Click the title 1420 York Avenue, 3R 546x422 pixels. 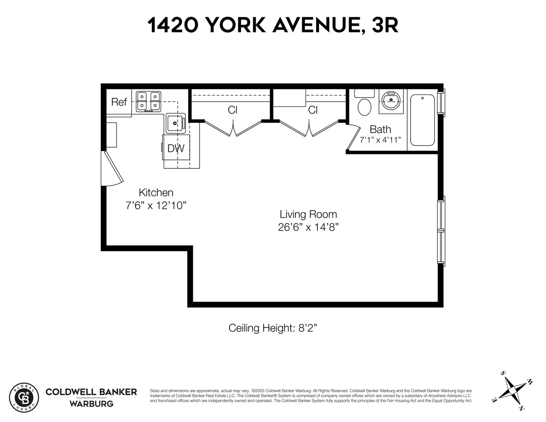pyautogui.click(x=273, y=25)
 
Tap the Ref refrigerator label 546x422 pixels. pyautogui.click(x=119, y=102)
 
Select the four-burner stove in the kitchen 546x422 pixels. pyautogui.click(x=149, y=101)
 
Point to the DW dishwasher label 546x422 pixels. pyautogui.click(x=176, y=149)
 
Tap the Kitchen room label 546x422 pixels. pyautogui.click(x=156, y=192)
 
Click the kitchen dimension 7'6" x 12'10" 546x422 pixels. pyautogui.click(x=156, y=206)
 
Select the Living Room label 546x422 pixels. pyautogui.click(x=308, y=214)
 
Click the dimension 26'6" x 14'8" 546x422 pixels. pyautogui.click(x=308, y=227)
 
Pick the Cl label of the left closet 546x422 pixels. pyautogui.click(x=232, y=110)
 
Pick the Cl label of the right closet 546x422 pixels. pyautogui.click(x=312, y=110)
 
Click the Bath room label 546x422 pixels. pyautogui.click(x=380, y=129)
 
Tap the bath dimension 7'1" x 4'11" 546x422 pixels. pyautogui.click(x=380, y=140)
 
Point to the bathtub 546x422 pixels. pyautogui.click(x=422, y=120)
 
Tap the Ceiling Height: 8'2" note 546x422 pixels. pyautogui.click(x=273, y=328)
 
